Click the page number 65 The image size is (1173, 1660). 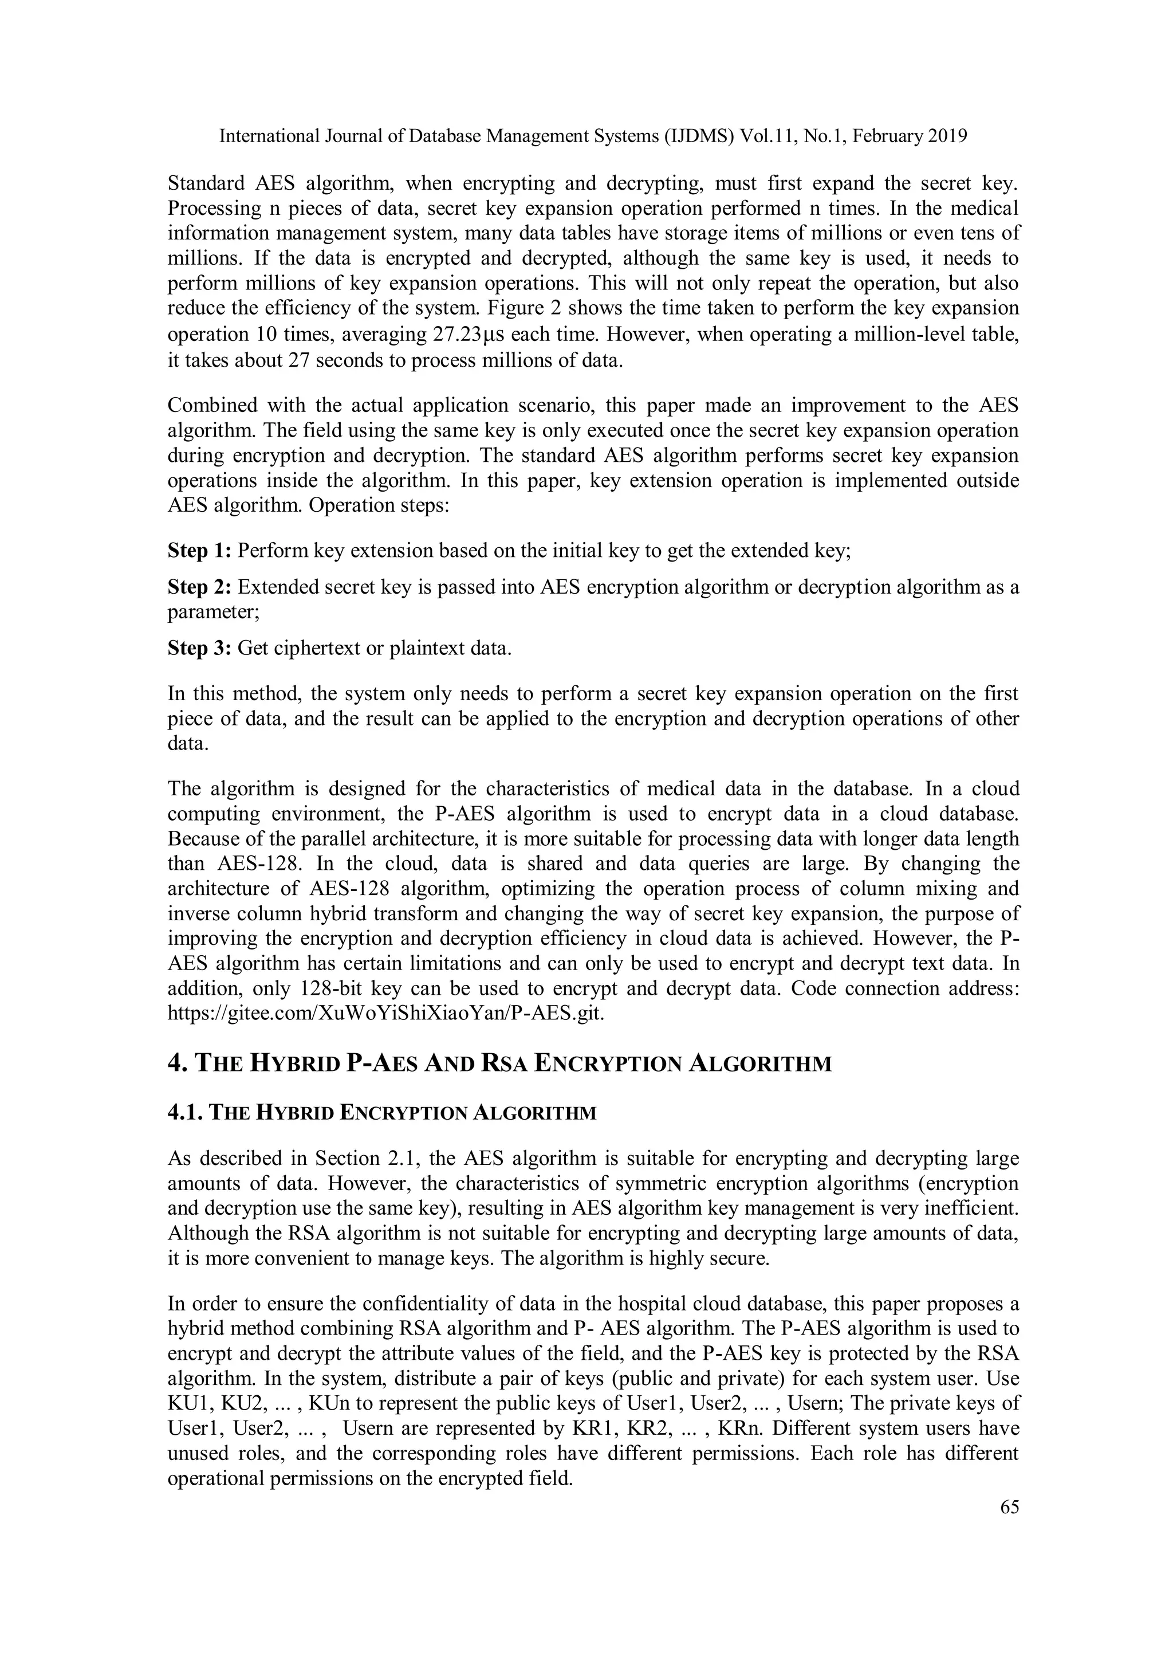pyautogui.click(x=1009, y=1506)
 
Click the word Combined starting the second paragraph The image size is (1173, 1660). pyautogui.click(x=210, y=406)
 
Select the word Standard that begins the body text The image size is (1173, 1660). pyautogui.click(x=207, y=183)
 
